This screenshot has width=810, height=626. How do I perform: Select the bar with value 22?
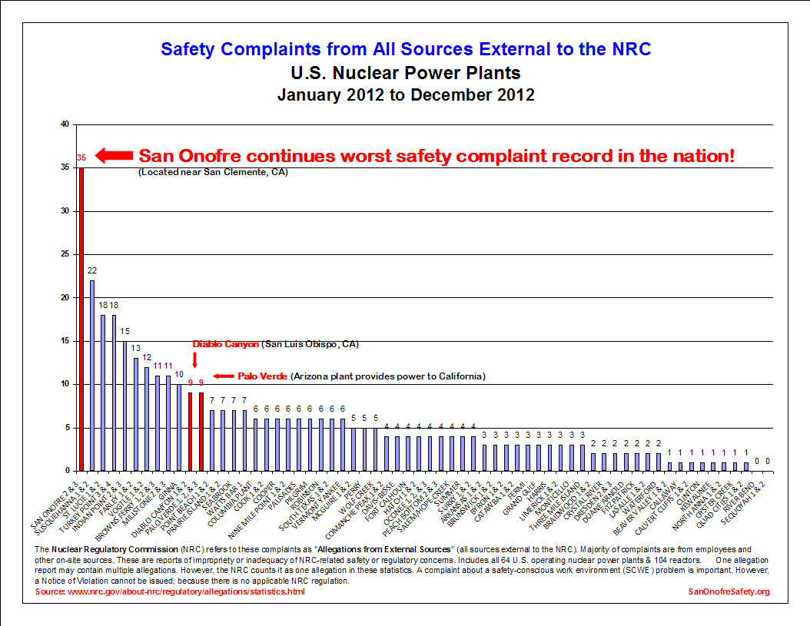click(x=92, y=375)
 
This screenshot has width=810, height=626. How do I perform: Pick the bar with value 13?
click(x=136, y=414)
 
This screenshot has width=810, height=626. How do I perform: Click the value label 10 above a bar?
click(x=179, y=375)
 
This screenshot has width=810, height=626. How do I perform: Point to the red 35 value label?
click(x=81, y=158)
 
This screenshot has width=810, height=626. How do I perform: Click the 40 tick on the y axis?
click(x=65, y=124)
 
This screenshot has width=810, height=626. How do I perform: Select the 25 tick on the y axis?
click(x=65, y=254)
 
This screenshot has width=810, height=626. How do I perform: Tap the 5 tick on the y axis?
click(x=66, y=427)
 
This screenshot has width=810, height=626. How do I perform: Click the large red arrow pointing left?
click(x=114, y=156)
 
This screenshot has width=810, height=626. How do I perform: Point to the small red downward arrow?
click(x=194, y=359)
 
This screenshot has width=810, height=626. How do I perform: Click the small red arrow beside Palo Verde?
click(x=223, y=376)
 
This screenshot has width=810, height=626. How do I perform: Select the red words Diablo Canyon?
click(x=225, y=344)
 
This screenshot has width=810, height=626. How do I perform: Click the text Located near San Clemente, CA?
click(x=213, y=172)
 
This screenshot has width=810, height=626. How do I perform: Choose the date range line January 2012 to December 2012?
click(x=406, y=95)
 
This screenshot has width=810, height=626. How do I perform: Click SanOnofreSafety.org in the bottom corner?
click(x=729, y=591)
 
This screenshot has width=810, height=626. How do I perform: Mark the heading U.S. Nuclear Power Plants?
click(x=406, y=73)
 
